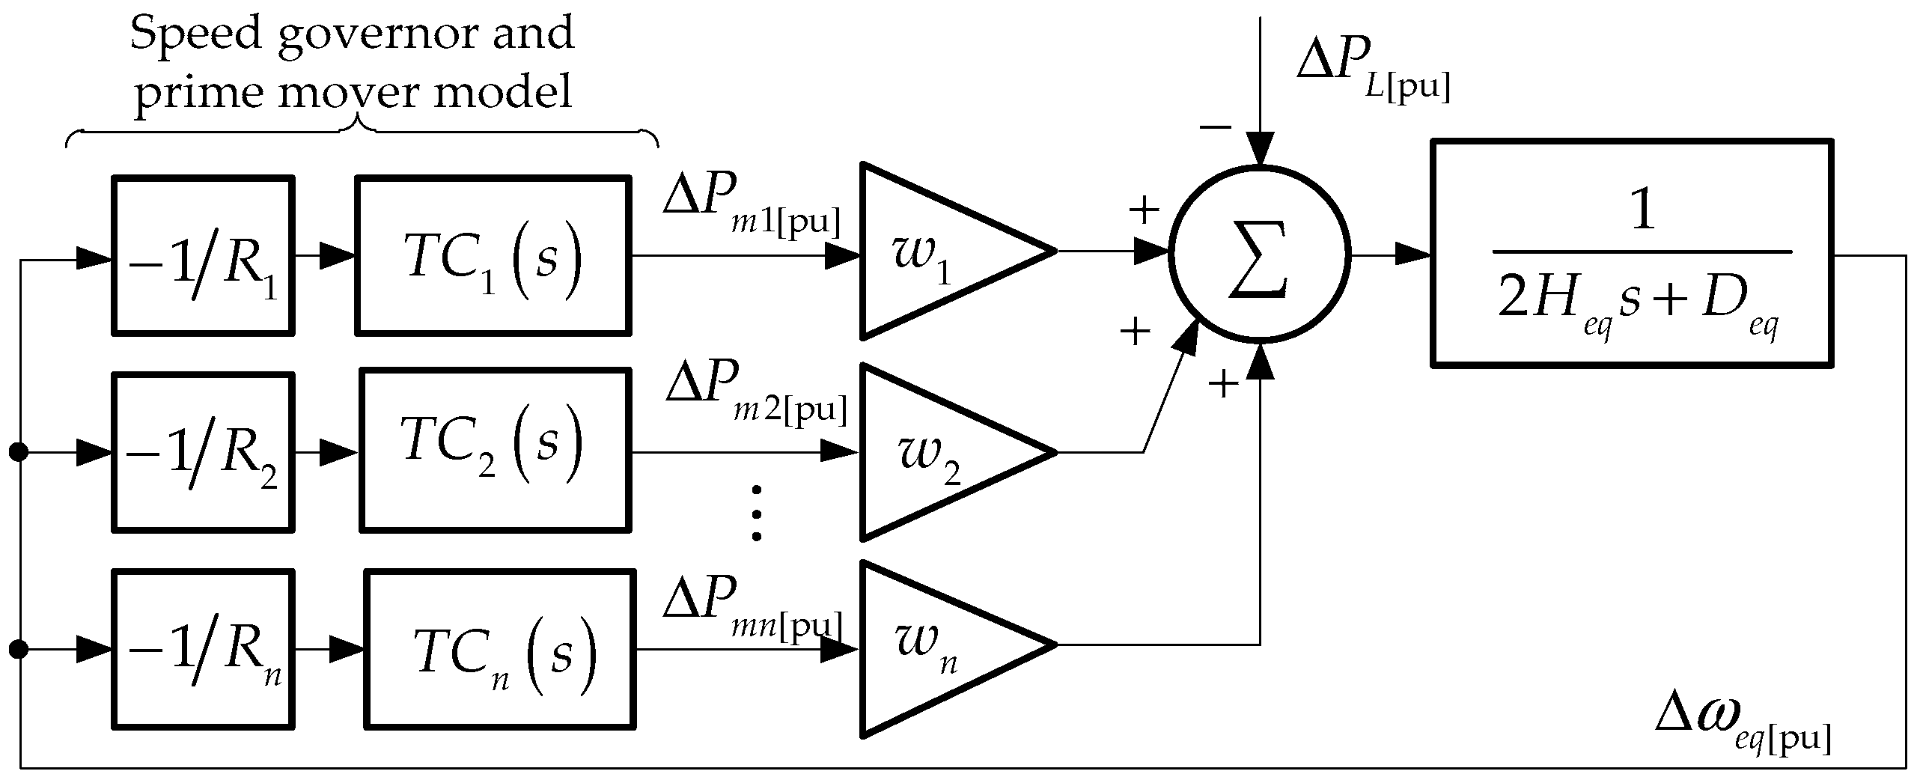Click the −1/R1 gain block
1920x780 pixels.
203,255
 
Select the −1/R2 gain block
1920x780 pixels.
203,453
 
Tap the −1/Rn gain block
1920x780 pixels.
203,649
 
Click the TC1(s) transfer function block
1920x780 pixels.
493,255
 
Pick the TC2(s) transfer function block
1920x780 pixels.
495,450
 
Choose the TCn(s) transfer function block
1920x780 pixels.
500,649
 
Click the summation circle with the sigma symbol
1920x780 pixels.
1260,255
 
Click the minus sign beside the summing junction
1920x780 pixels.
1215,127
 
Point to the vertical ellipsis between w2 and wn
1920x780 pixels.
756,513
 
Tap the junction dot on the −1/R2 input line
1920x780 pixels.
19,452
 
